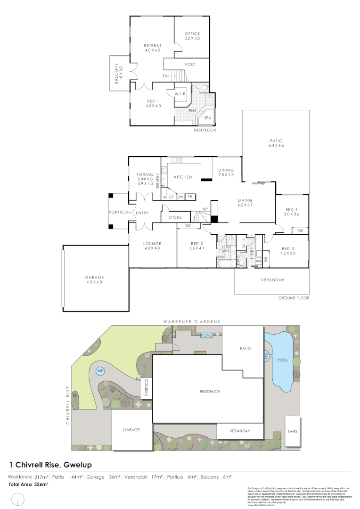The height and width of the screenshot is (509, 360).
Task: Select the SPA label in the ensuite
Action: (x=207, y=117)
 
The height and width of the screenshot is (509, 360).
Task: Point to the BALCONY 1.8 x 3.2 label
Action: (x=117, y=73)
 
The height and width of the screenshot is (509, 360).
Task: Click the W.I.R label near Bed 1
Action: (x=182, y=94)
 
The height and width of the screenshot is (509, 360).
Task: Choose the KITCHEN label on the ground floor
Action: (x=183, y=177)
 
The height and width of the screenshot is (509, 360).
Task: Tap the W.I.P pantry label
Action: (x=169, y=196)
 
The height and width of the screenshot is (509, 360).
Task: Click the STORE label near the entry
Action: (x=175, y=217)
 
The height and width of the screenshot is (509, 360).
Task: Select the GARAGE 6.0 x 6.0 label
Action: (x=94, y=279)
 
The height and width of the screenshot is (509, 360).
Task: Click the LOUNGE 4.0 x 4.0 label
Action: (x=152, y=246)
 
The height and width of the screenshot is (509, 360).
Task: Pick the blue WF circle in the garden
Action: (x=100, y=371)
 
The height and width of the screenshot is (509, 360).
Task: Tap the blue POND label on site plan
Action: (x=207, y=335)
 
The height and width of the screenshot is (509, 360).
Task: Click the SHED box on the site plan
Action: (x=293, y=432)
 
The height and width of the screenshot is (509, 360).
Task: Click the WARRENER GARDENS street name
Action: (x=191, y=321)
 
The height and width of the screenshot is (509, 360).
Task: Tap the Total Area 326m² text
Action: (x=28, y=484)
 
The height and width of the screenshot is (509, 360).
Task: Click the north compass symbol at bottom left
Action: (x=19, y=498)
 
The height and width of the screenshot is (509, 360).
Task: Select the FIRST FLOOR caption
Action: (x=205, y=130)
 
